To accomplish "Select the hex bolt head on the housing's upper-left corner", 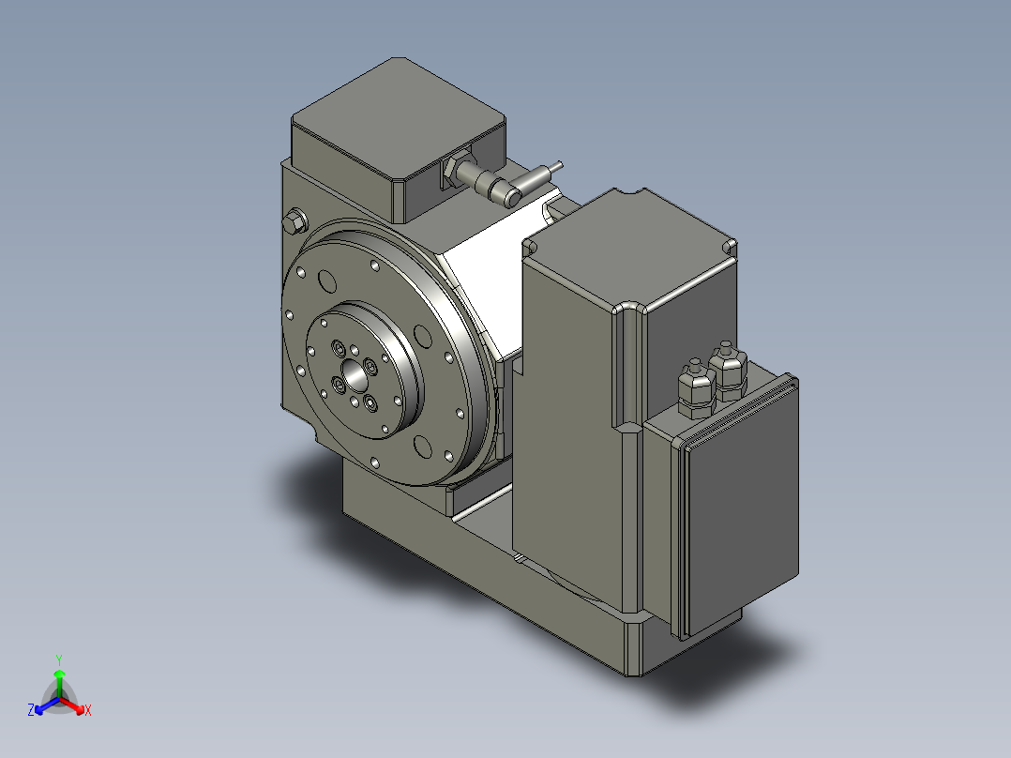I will point(294,222).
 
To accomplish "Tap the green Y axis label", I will point(58,659).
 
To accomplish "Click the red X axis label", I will point(87,711).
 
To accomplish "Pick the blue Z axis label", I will point(31,711).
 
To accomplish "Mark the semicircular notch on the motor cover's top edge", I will point(640,195).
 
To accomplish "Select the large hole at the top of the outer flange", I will point(329,280).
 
